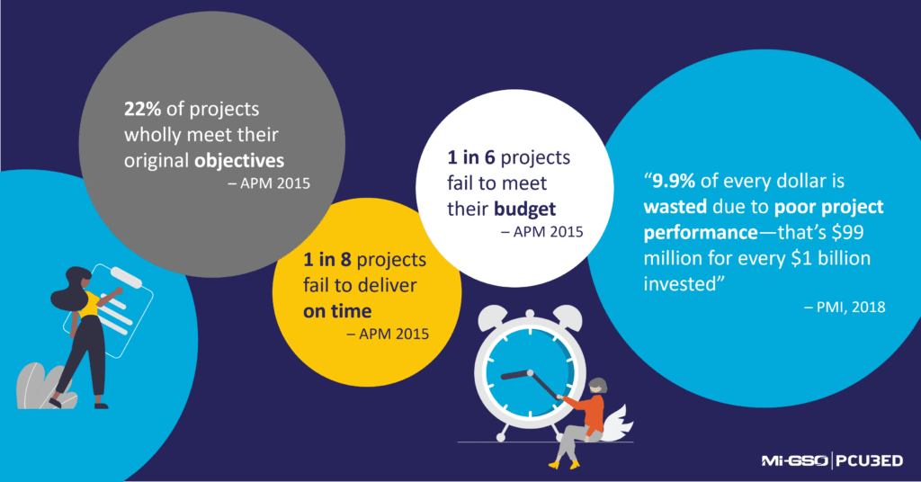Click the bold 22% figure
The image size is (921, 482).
point(141,110)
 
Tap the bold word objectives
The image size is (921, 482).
point(241,160)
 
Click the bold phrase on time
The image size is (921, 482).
point(336,311)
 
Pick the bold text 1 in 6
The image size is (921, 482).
point(471,158)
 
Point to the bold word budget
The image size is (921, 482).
point(524,209)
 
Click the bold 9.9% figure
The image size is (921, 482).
point(675,182)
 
